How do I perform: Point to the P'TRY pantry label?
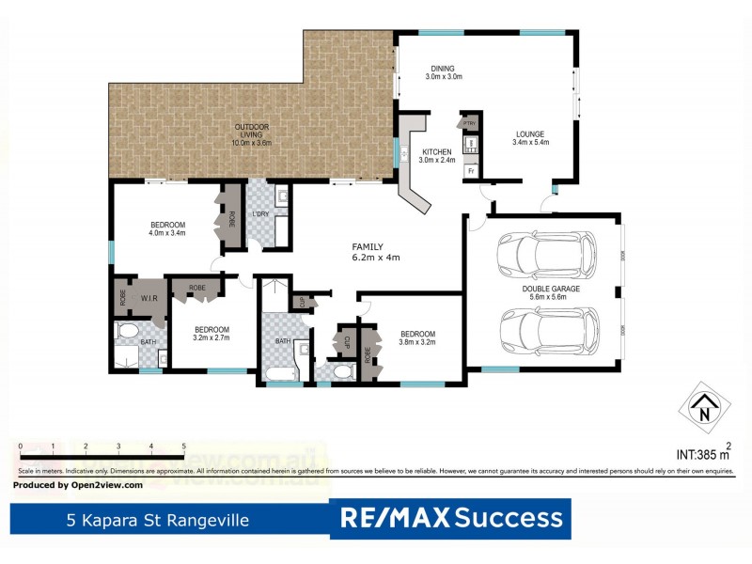pyautogui.click(x=467, y=124)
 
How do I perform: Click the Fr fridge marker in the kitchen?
pyautogui.click(x=470, y=171)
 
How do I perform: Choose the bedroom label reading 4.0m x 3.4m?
pyautogui.click(x=167, y=228)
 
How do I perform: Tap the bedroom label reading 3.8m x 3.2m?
pyautogui.click(x=417, y=338)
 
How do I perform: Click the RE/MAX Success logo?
pyautogui.click(x=450, y=518)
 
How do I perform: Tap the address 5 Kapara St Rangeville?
pyautogui.click(x=157, y=519)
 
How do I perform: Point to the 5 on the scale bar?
pyautogui.click(x=183, y=446)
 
